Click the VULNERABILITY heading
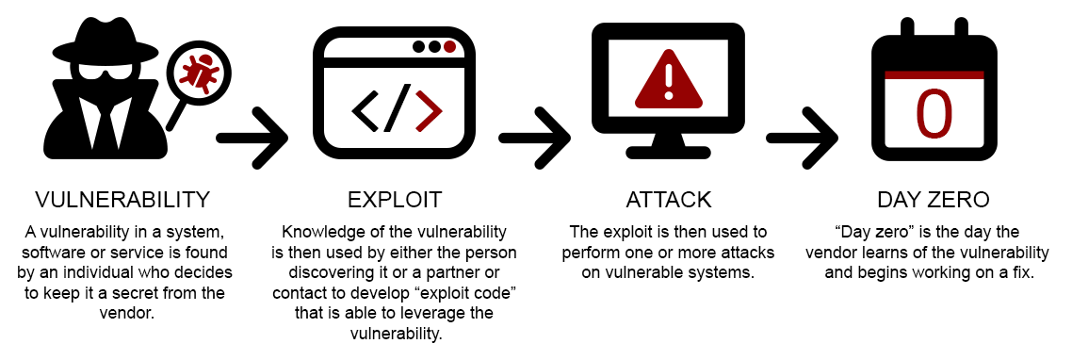tap(122, 200)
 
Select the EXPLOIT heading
tap(395, 200)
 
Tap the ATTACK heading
tap(668, 200)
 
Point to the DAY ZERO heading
tap(934, 200)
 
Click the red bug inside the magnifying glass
tap(200, 73)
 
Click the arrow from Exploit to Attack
tap(534, 138)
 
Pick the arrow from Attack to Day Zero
tap(802, 138)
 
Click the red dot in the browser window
tap(450, 45)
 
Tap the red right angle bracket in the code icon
tap(428, 109)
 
